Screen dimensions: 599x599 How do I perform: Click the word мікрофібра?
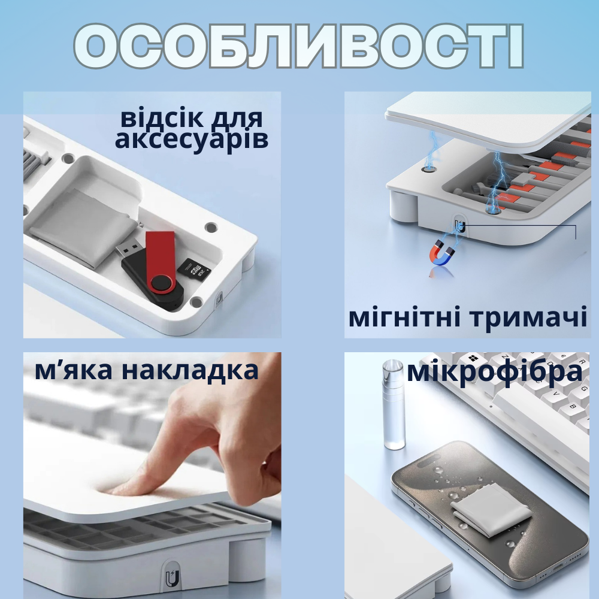[x=494, y=372]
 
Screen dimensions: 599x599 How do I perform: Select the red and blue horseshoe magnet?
[x=443, y=252]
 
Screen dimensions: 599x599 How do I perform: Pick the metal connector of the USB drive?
[x=127, y=247]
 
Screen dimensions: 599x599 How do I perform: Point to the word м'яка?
[x=74, y=371]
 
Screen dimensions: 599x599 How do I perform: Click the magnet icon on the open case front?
[x=460, y=226]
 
